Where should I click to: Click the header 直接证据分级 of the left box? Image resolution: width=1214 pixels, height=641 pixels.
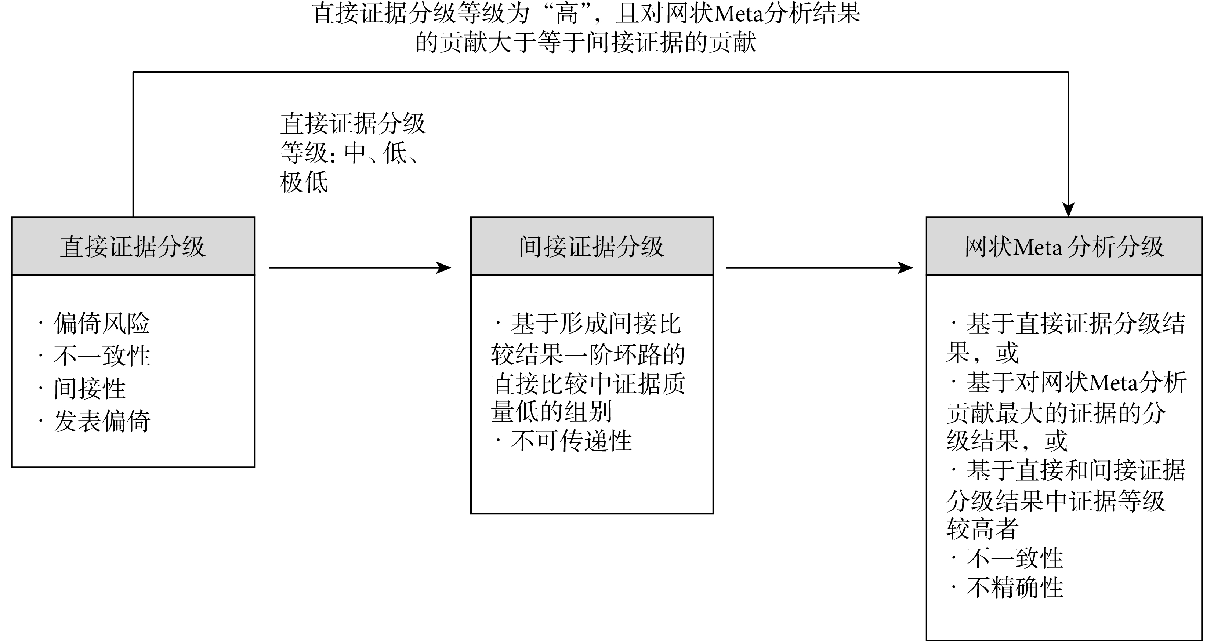(x=133, y=246)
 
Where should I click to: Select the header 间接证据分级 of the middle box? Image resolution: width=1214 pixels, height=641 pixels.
(x=591, y=246)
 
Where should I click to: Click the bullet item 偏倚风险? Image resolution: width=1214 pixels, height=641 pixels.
(x=102, y=323)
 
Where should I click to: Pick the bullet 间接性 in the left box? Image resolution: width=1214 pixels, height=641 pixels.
(x=90, y=388)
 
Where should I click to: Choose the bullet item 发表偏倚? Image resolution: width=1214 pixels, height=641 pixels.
(x=102, y=420)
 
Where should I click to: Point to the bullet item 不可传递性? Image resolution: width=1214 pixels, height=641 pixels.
(x=571, y=441)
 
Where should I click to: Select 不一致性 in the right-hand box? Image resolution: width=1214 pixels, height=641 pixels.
(x=1015, y=558)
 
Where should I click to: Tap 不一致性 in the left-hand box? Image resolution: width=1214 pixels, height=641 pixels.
(x=102, y=356)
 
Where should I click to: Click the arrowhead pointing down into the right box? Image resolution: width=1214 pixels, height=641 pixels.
(x=1068, y=210)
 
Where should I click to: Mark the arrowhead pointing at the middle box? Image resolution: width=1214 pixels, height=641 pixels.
(x=444, y=267)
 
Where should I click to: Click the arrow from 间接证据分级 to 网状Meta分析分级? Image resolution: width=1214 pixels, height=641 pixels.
(x=819, y=267)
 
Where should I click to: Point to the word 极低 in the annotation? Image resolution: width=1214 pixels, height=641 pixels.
(x=304, y=182)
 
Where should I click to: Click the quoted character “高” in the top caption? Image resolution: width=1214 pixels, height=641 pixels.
(x=567, y=13)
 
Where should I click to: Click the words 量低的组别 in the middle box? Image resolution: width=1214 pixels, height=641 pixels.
(x=551, y=412)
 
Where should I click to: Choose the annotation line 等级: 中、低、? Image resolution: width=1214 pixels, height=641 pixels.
(x=349, y=153)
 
